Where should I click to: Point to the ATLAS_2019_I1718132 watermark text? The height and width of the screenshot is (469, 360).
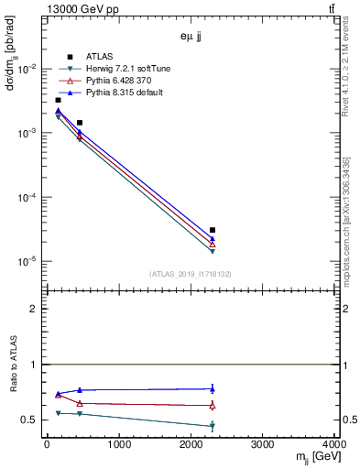click(191, 273)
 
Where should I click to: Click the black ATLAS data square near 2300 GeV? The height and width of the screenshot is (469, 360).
click(213, 230)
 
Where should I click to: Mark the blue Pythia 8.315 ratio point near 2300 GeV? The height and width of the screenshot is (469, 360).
click(213, 388)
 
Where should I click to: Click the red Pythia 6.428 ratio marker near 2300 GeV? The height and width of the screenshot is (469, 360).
click(213, 405)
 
